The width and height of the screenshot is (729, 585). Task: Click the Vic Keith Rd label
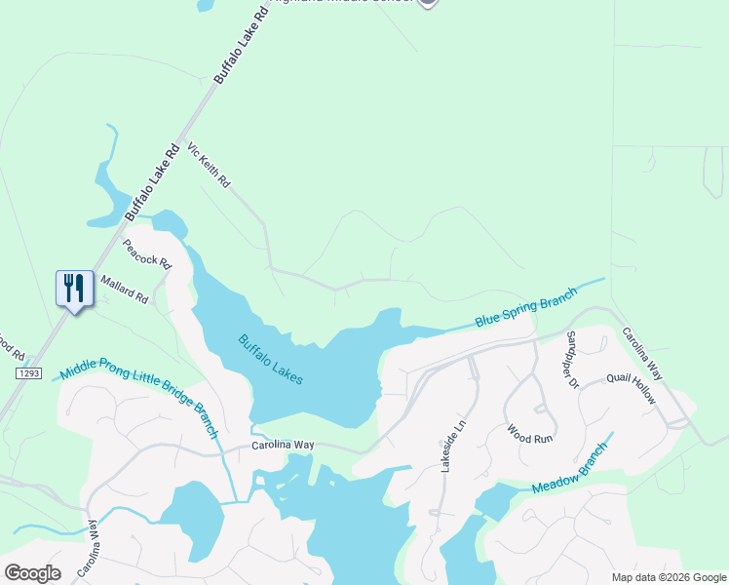pyautogui.click(x=208, y=166)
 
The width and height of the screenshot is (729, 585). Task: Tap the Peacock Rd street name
pyautogui.click(x=147, y=254)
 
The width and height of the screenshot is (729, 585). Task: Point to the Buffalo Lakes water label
pyautogui.click(x=271, y=360)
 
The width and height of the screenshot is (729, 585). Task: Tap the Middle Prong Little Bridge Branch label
pyautogui.click(x=138, y=400)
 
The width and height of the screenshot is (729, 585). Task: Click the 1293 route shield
pyautogui.click(x=27, y=373)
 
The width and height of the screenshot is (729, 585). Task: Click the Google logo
pyautogui.click(x=32, y=572)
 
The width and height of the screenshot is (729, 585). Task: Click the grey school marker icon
pyautogui.click(x=427, y=3)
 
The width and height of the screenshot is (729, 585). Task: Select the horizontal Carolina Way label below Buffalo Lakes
pyautogui.click(x=283, y=445)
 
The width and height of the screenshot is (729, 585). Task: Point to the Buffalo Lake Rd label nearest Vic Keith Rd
pyautogui.click(x=153, y=180)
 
